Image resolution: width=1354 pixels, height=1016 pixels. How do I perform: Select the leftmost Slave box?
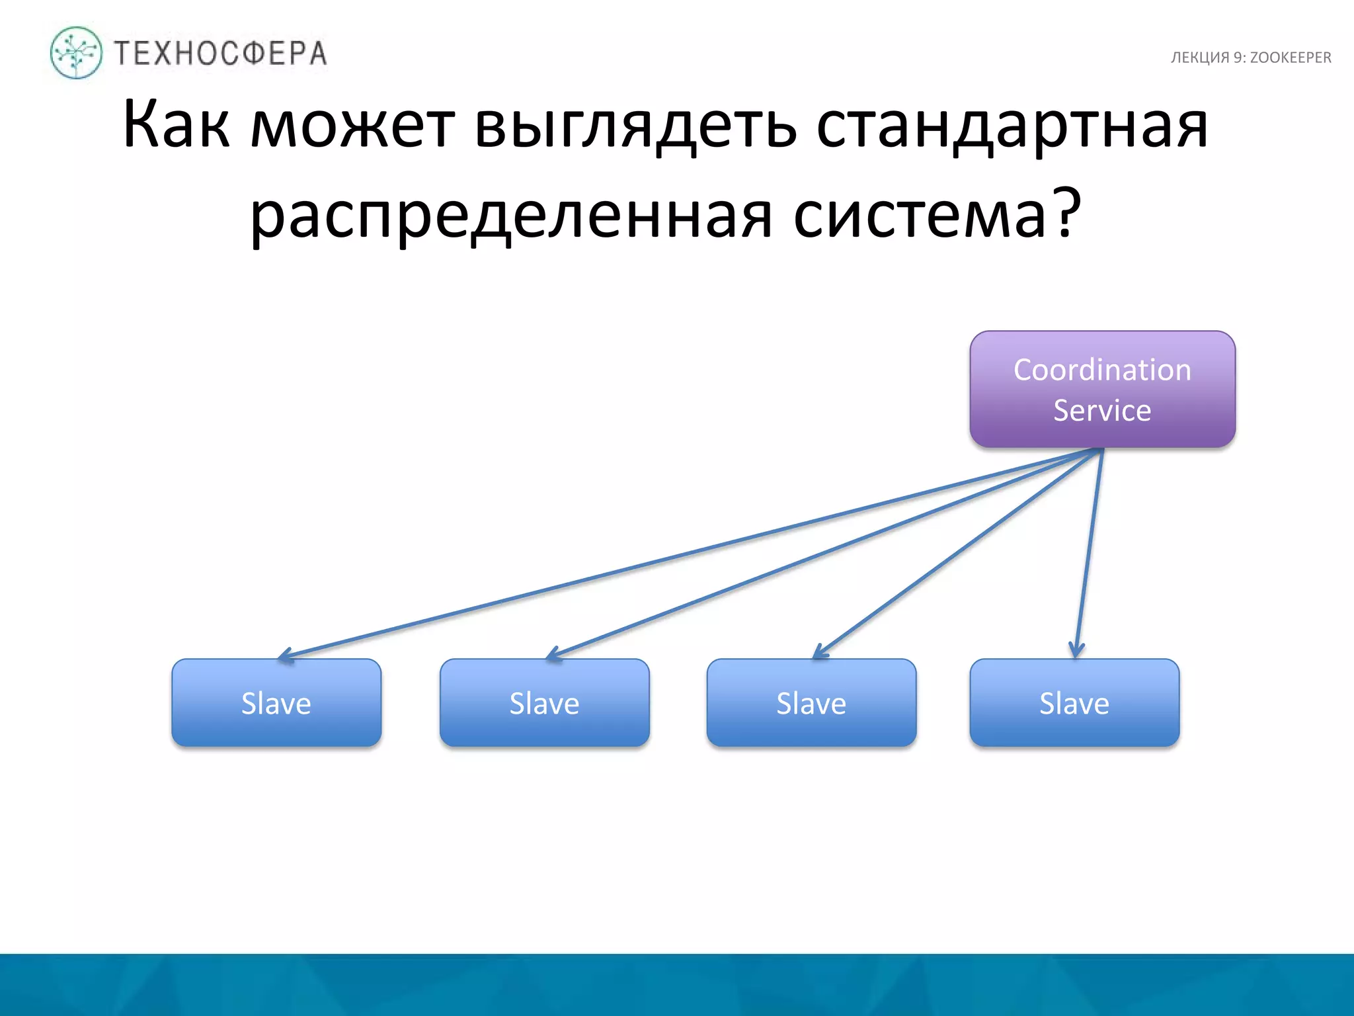click(276, 702)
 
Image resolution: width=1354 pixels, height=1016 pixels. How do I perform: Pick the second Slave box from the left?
click(544, 702)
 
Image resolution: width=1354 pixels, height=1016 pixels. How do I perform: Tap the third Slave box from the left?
click(811, 702)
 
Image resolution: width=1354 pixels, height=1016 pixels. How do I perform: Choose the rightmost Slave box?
click(1074, 702)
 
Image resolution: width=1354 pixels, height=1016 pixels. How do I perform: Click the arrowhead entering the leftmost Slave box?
click(284, 656)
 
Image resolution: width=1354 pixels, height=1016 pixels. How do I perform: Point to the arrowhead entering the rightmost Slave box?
click(1076, 651)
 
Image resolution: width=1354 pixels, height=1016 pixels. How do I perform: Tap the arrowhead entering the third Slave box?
click(818, 653)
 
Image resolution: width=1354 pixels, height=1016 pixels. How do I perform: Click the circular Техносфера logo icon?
click(76, 53)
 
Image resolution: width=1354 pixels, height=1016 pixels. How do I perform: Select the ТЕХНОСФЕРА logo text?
click(220, 54)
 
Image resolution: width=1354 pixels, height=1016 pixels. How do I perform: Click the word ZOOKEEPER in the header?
click(1290, 58)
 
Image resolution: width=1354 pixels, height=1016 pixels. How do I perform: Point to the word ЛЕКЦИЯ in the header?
click(1199, 58)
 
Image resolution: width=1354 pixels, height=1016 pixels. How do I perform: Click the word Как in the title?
click(176, 124)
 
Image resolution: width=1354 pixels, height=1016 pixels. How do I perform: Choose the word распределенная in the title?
click(511, 215)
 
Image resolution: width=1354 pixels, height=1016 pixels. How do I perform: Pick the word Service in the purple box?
click(1102, 410)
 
